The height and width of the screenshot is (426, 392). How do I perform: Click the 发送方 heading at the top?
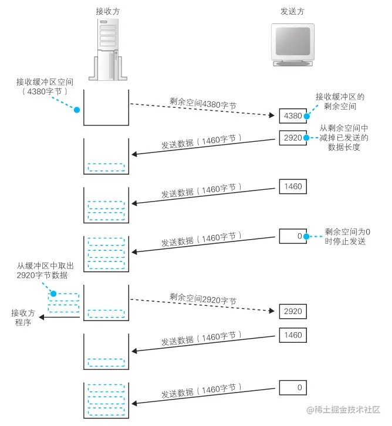coord(293,11)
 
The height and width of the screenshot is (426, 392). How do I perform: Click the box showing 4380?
coord(292,116)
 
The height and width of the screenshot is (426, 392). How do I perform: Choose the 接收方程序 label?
coord(23,317)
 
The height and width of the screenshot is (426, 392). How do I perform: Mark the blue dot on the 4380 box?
coord(306,115)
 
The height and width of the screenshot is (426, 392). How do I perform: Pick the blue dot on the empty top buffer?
coord(76,109)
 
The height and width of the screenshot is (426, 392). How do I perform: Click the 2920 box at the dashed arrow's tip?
coord(292,311)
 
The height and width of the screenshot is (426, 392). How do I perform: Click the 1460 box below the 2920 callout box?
coord(292,186)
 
